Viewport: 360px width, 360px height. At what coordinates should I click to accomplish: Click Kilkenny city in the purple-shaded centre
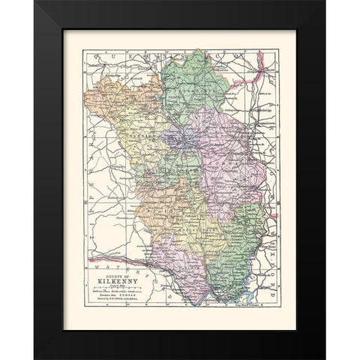[x=177, y=140]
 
